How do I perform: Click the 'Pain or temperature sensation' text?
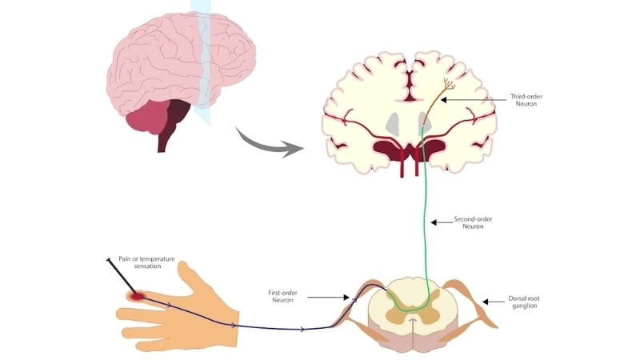pos(148,262)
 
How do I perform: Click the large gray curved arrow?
pos(268,142)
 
